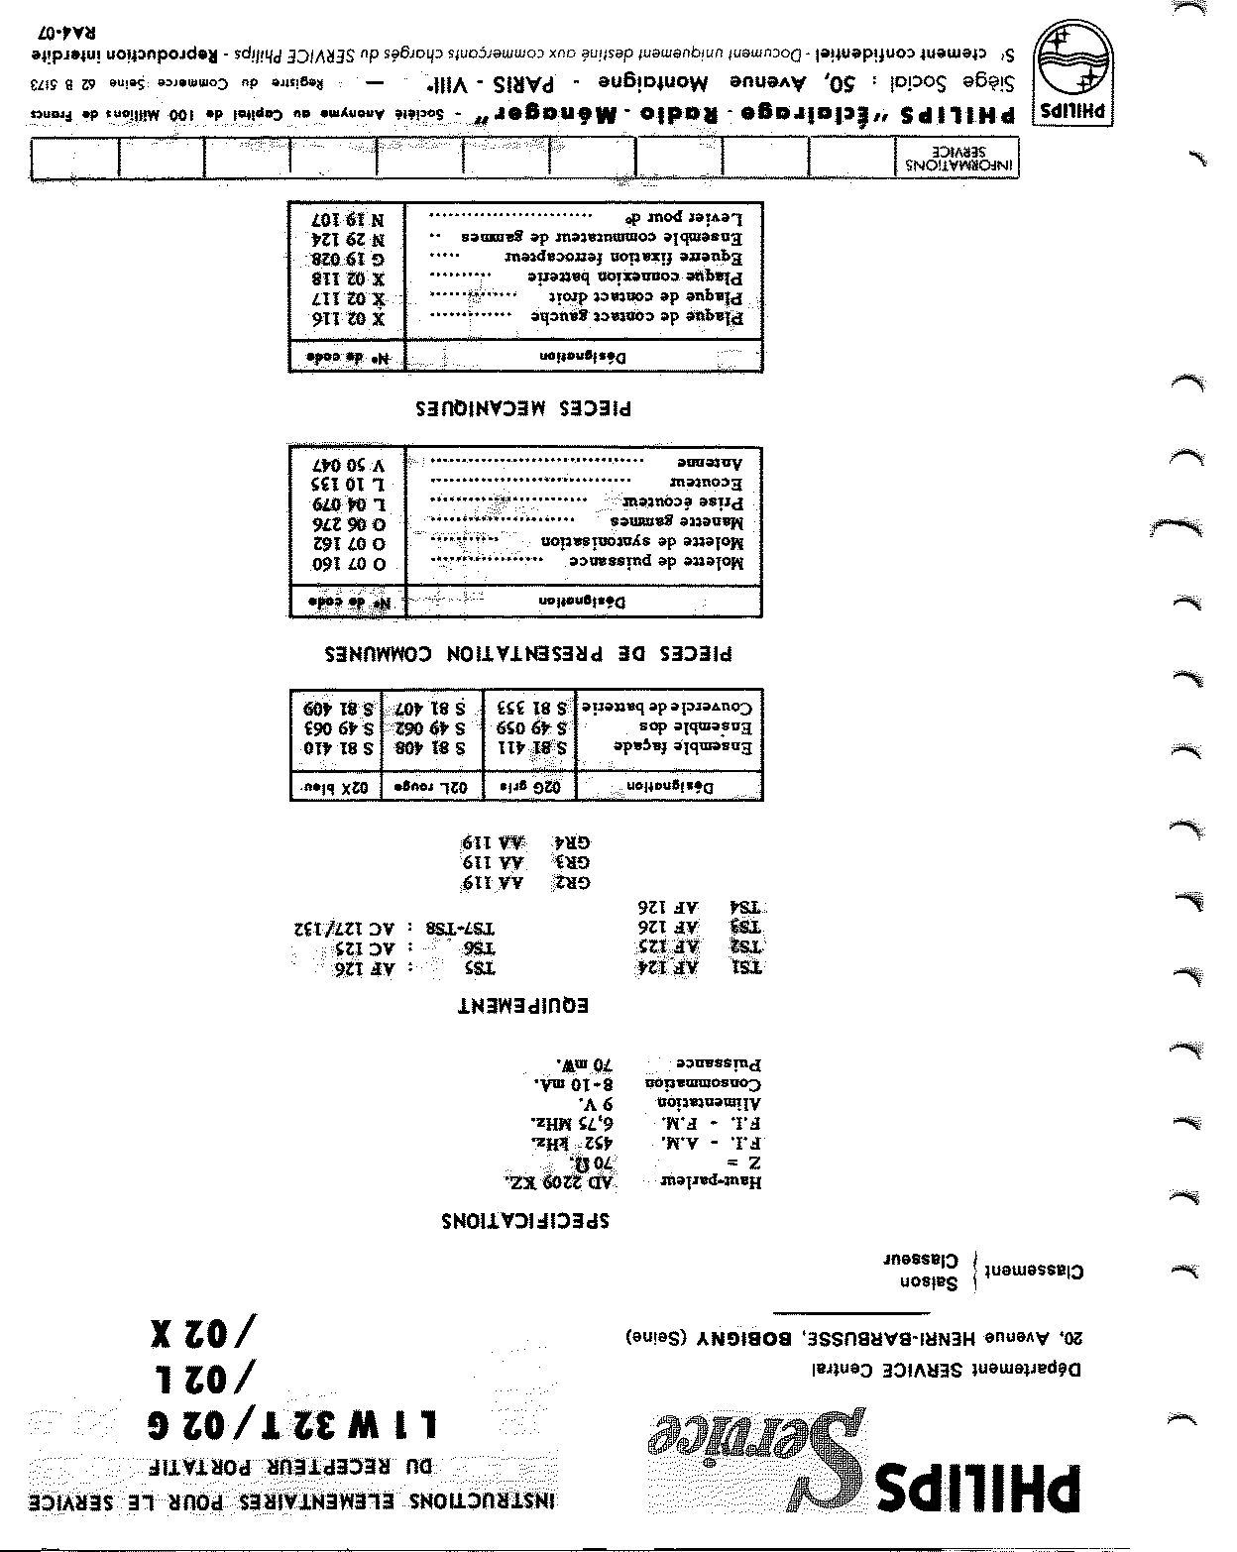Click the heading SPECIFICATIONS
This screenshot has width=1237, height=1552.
coord(525,1220)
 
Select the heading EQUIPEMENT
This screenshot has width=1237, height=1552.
coord(523,1006)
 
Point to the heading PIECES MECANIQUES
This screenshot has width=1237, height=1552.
coord(523,407)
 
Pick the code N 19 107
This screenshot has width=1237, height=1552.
coord(349,218)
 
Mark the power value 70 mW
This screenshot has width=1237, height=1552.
coord(588,1065)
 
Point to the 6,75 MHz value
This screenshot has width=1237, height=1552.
coord(575,1124)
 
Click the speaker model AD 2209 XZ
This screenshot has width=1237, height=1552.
coord(561,1182)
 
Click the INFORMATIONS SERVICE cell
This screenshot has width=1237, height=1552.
coord(960,159)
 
